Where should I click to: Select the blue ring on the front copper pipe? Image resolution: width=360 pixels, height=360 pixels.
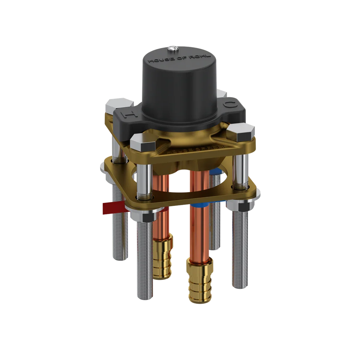coord(198,205)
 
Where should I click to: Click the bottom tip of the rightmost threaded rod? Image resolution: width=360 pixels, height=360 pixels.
coord(241,286)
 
